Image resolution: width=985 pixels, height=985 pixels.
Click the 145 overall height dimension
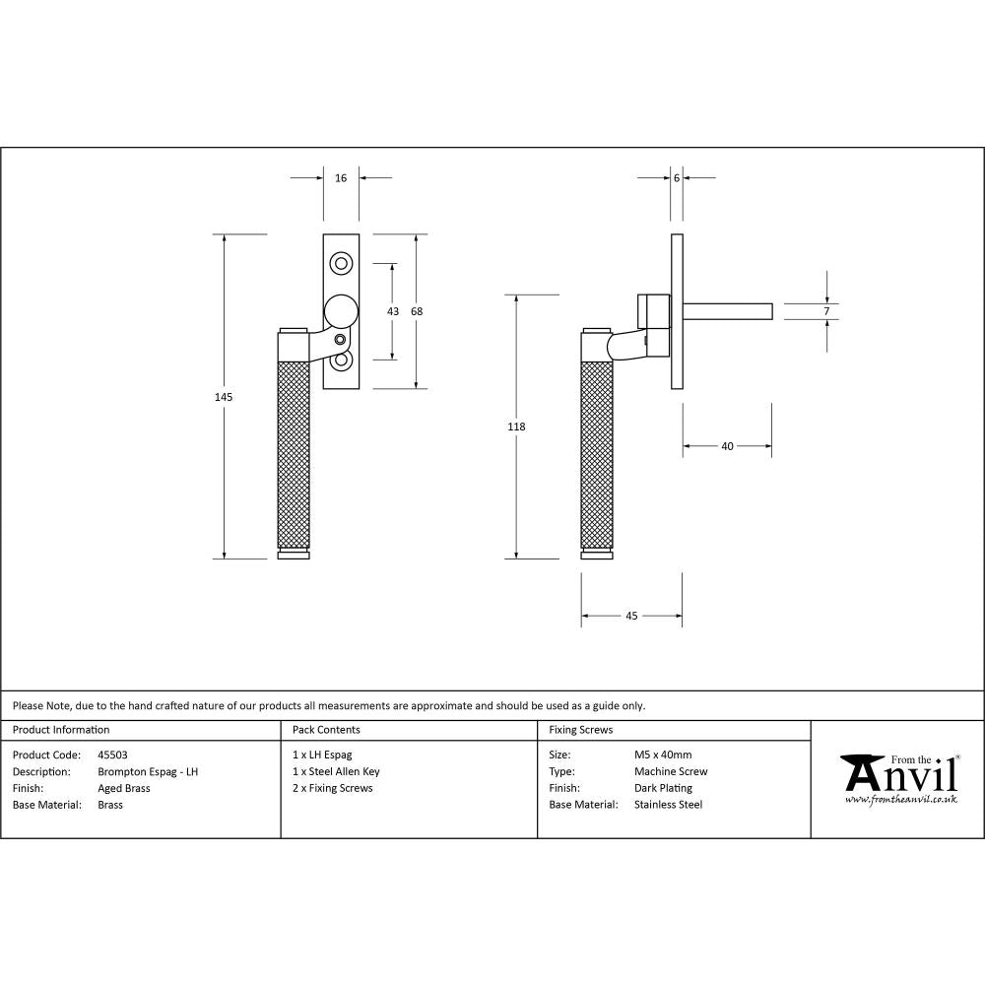tap(224, 397)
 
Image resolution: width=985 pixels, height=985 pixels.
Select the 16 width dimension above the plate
tap(341, 178)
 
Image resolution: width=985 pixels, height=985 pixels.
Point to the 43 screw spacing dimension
tap(393, 311)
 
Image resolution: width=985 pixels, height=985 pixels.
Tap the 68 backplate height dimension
tap(417, 311)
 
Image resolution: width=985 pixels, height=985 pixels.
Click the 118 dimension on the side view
tap(516, 427)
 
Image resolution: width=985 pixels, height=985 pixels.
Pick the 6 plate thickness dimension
tap(677, 178)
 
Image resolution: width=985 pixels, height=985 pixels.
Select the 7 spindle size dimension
tap(826, 311)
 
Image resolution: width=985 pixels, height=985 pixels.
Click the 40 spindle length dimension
tap(727, 446)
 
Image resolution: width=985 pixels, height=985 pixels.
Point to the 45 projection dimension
tap(631, 616)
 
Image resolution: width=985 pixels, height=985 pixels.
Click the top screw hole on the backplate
tap(341, 263)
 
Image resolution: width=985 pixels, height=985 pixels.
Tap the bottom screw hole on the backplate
tap(341, 361)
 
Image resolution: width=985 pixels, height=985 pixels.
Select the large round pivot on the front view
tap(341, 311)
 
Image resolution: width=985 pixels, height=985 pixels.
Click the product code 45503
tap(113, 755)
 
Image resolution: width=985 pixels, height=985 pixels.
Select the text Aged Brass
tap(124, 788)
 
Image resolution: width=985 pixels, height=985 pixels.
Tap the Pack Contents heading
tap(326, 730)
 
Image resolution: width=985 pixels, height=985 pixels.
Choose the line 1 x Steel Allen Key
tap(336, 772)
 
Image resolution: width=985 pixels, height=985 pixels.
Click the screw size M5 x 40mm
tap(663, 755)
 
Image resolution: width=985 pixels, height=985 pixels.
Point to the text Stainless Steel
tap(668, 805)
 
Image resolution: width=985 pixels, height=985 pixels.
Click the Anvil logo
tap(898, 778)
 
